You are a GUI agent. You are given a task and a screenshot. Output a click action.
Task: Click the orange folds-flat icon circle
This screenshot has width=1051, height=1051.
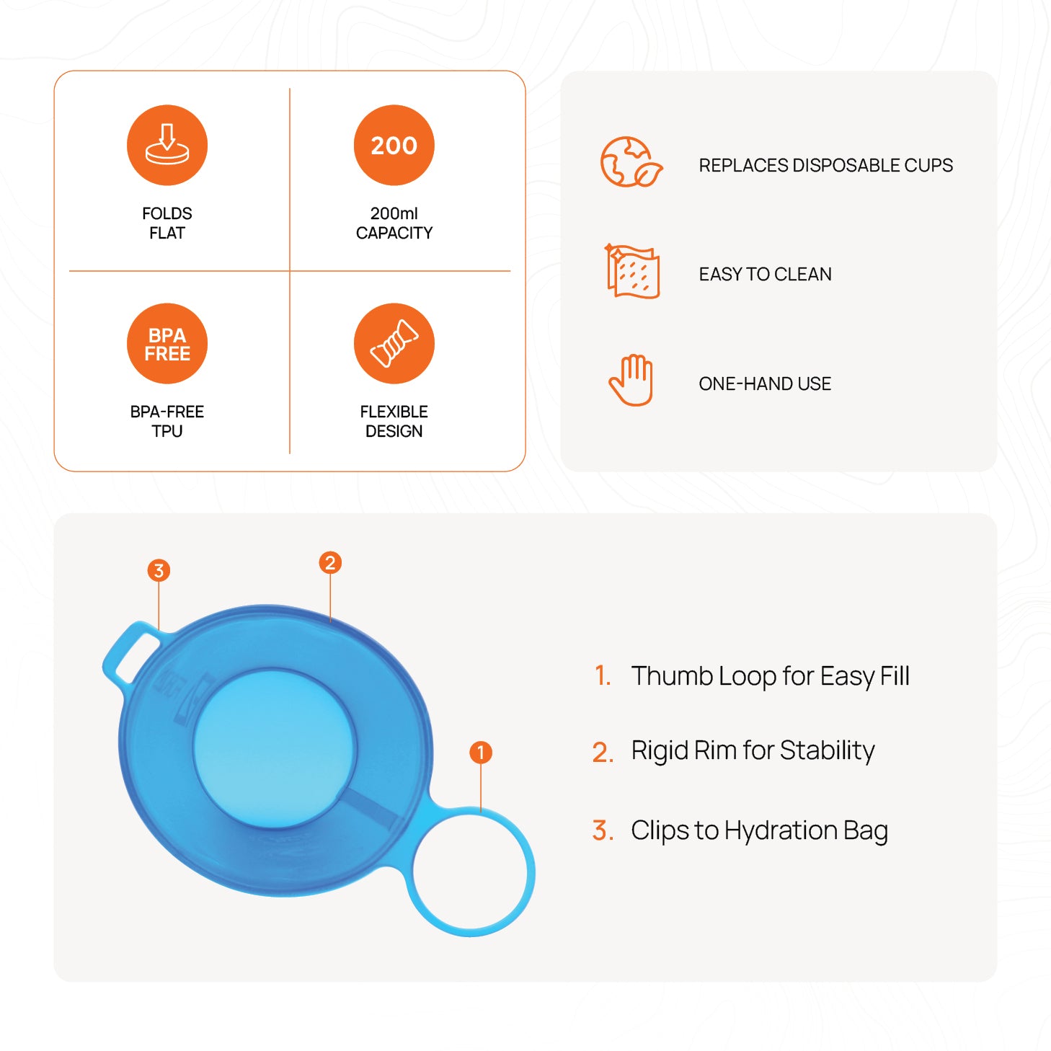click(167, 145)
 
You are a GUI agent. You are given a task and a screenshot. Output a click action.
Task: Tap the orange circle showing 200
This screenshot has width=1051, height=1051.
click(394, 145)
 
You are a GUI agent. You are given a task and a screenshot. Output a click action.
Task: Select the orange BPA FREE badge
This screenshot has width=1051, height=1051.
click(167, 344)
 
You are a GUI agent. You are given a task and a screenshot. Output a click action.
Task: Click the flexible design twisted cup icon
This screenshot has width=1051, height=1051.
click(394, 344)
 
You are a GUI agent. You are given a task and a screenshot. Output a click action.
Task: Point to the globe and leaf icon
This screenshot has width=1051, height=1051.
click(631, 162)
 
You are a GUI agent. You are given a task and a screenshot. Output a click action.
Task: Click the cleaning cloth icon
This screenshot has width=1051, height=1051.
click(633, 271)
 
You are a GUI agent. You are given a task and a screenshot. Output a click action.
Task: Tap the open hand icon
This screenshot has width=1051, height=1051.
click(631, 380)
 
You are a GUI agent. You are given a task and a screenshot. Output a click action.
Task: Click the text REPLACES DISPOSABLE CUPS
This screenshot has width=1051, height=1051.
click(826, 165)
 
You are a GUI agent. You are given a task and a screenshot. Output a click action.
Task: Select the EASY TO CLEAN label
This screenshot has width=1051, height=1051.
click(766, 274)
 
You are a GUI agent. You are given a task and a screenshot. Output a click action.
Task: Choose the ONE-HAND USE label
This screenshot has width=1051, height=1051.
click(766, 383)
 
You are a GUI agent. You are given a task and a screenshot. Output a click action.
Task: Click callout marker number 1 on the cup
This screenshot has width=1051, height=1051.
click(481, 753)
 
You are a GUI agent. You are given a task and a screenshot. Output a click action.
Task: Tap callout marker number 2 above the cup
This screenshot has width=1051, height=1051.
click(330, 562)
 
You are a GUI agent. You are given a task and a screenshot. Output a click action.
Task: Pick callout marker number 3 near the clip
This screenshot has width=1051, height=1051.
click(159, 570)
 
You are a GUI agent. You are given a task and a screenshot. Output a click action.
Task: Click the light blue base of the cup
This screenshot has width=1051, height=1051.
click(275, 748)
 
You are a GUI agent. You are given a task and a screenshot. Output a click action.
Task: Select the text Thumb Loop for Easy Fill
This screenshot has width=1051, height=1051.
click(770, 676)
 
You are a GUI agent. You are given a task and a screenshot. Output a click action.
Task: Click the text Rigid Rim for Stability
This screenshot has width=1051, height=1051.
click(753, 750)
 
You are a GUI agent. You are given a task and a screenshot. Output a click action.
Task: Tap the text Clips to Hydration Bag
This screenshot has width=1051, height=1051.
click(759, 830)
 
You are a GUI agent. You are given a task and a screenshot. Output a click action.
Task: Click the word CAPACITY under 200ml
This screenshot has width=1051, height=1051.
click(394, 233)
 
